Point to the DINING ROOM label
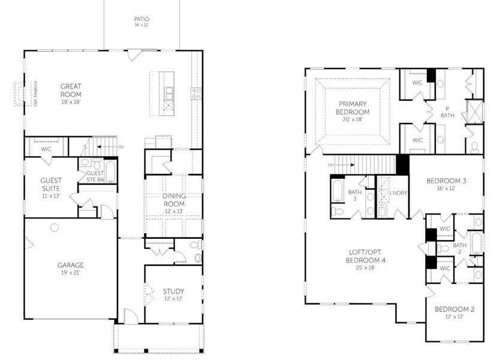tap(174, 200)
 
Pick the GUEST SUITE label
tap(51, 184)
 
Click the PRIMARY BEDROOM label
tap(353, 107)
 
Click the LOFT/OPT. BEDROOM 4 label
tap(366, 256)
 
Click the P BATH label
tap(447, 112)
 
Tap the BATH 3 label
tap(354, 194)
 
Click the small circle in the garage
tap(55, 227)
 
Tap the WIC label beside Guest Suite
tap(46, 149)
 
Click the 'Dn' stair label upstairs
tap(330, 164)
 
